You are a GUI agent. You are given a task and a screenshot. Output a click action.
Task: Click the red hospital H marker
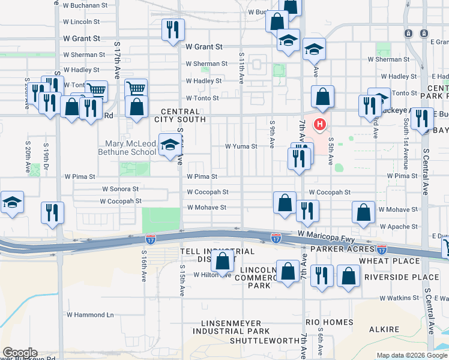(x=321, y=125)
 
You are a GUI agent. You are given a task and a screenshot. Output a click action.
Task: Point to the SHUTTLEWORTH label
(x=264, y=341)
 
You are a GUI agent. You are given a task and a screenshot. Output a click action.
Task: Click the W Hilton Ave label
(x=212, y=275)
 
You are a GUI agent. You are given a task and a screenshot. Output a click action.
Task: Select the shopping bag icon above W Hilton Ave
(x=223, y=262)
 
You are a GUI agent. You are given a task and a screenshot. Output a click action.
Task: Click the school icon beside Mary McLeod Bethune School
(x=170, y=145)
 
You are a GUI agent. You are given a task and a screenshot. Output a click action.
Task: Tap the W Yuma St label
(x=241, y=146)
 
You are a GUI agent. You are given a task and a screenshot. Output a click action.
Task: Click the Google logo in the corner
(x=19, y=353)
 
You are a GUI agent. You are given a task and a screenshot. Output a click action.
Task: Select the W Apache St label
(x=398, y=227)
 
